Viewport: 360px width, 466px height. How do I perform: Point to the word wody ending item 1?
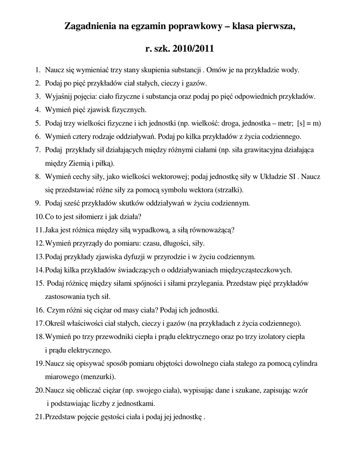[x=290, y=71]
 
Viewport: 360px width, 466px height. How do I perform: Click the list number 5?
[x=37, y=123]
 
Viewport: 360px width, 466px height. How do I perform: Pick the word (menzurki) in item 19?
[x=98, y=377]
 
